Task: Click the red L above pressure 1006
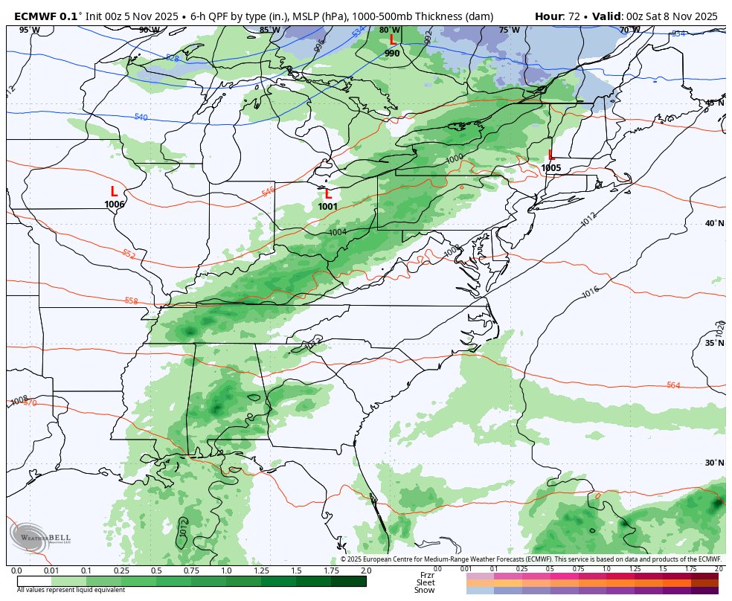(114, 192)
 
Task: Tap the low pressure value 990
(392, 54)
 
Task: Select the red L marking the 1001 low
(328, 194)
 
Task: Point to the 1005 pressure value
(551, 168)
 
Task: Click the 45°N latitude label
(715, 103)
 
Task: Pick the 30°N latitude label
(715, 463)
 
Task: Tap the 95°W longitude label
(29, 30)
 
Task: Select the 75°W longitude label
(510, 30)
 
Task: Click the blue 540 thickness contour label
(141, 118)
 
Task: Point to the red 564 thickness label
(673, 385)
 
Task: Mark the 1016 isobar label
(590, 292)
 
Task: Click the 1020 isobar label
(719, 327)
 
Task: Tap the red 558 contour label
(131, 300)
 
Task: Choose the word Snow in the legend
(425, 590)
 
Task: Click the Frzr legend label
(426, 575)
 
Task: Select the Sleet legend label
(426, 582)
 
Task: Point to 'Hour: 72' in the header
(559, 16)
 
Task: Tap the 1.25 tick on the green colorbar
(261, 571)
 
